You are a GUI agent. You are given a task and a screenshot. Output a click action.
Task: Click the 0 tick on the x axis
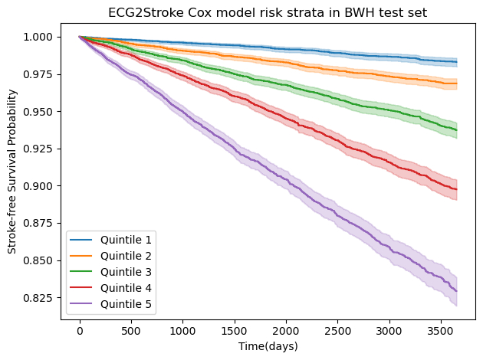click(80, 331)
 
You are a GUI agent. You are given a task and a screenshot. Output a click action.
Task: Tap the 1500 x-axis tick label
click(235, 331)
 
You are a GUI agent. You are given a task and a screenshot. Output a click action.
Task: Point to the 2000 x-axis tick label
click(286, 331)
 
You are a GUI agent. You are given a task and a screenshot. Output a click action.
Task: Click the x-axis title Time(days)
click(268, 347)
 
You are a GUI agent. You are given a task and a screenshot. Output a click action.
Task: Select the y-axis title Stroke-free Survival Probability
click(11, 172)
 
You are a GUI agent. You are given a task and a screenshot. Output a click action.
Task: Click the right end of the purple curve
click(457, 290)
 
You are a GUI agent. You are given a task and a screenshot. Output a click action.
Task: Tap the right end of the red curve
click(457, 189)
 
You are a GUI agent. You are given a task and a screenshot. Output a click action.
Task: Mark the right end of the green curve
click(457, 129)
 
